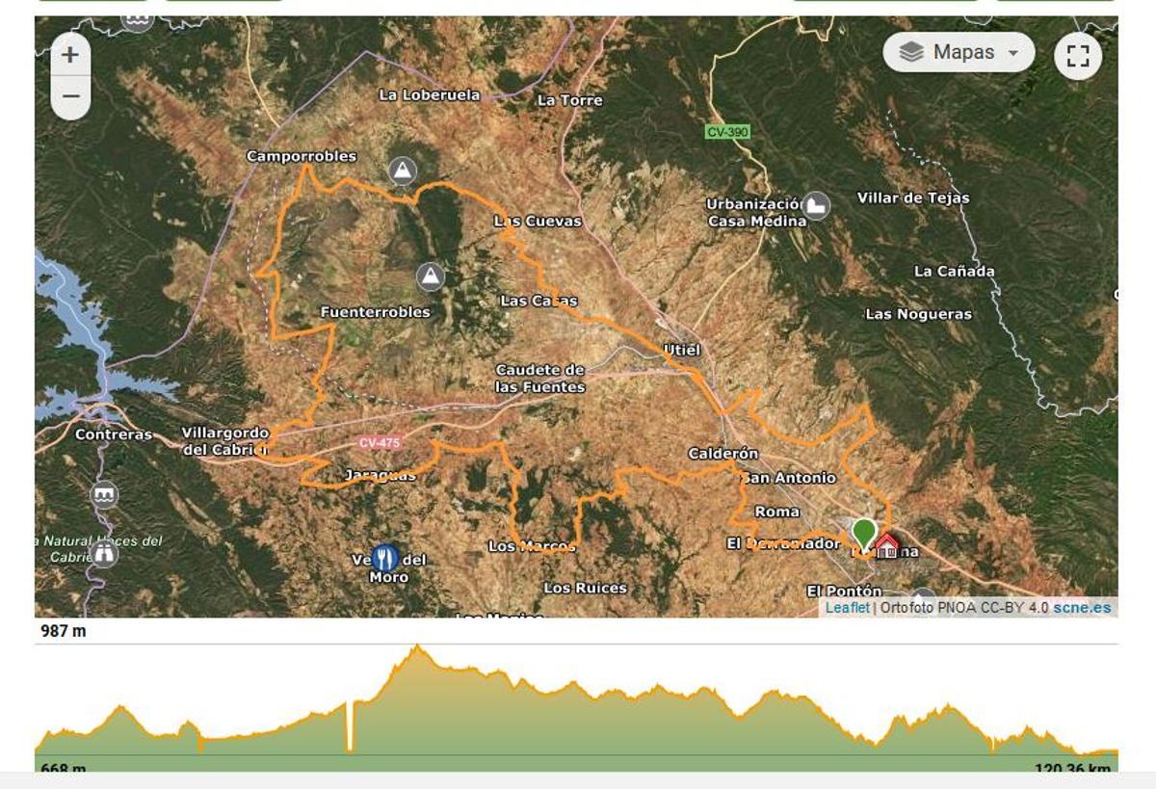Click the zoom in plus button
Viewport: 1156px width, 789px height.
tap(69, 55)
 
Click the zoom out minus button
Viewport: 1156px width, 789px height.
tap(69, 97)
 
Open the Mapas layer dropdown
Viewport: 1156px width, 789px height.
tap(959, 52)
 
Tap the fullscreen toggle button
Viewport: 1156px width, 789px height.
tap(1078, 56)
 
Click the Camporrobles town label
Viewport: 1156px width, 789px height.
tap(302, 156)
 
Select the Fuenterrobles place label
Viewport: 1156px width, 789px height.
tap(375, 312)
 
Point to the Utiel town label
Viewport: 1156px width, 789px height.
tap(681, 349)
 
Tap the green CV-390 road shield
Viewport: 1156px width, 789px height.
tap(726, 132)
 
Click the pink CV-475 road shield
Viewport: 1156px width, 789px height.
tap(379, 443)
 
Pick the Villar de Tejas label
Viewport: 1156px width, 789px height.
tap(913, 197)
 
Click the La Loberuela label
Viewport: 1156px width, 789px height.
tap(429, 94)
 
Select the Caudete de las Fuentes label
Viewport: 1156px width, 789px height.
tap(539, 378)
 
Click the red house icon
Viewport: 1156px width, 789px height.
tap(886, 546)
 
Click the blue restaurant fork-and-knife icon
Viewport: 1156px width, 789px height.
tap(385, 558)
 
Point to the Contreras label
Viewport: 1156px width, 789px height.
tap(114, 434)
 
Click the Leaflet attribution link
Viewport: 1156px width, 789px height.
tap(847, 608)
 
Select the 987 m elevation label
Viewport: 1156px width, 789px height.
tap(64, 631)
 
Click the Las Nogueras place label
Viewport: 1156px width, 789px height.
tap(918, 314)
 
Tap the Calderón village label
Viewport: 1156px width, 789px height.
tap(722, 453)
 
